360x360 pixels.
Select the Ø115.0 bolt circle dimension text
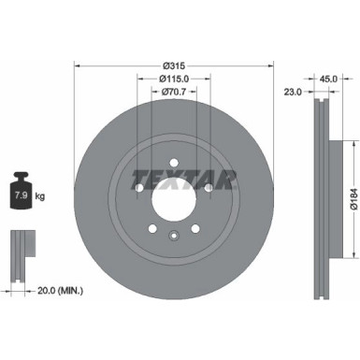pyautogui.click(x=175, y=79)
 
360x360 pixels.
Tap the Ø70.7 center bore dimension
pyautogui.click(x=175, y=92)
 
